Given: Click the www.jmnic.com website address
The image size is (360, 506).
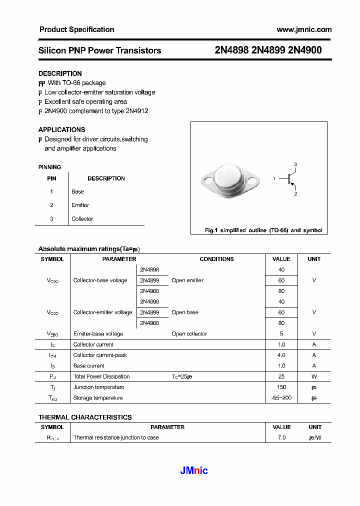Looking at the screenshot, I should (x=304, y=29).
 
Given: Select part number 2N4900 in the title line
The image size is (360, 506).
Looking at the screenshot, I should (x=305, y=50).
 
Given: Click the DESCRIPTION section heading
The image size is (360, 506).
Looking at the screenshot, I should (x=60, y=73).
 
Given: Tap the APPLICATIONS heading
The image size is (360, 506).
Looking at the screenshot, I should (x=61, y=129).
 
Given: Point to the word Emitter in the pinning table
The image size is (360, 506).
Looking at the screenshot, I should (x=80, y=205).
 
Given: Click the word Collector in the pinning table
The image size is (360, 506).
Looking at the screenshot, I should (x=82, y=219).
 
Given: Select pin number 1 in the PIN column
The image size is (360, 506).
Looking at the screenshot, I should (x=51, y=191).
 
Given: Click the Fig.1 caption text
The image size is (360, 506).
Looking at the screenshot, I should (x=263, y=230).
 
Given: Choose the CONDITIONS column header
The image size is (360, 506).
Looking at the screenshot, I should (x=216, y=259).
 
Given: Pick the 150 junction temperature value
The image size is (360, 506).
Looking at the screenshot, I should (x=281, y=387).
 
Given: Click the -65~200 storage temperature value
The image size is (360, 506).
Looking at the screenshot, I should (x=281, y=398).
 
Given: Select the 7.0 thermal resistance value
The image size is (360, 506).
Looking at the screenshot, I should (x=281, y=437).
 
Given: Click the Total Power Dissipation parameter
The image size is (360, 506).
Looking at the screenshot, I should (x=101, y=376).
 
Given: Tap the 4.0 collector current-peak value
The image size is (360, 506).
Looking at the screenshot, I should (x=281, y=355).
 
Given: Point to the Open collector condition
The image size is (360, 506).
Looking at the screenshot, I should (x=189, y=334).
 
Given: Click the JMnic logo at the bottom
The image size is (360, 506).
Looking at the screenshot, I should (x=193, y=470).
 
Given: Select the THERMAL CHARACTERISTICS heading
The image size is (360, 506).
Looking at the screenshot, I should (x=85, y=417).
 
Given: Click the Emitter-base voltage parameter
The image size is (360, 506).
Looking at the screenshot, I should (x=98, y=334).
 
